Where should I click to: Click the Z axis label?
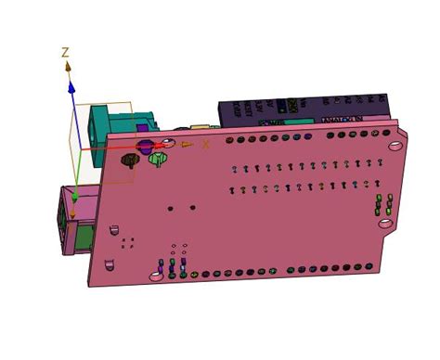tap(65, 53)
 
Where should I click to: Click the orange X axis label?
tap(206, 143)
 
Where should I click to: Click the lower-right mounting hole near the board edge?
tap(384, 223)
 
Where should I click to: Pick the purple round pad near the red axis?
tap(146, 146)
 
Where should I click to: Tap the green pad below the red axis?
tap(157, 160)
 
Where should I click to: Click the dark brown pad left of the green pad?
tap(131, 160)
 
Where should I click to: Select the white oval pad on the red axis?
tap(169, 143)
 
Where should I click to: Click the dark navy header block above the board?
tap(297, 109)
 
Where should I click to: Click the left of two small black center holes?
tap(170, 208)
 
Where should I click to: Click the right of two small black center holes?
tap(192, 208)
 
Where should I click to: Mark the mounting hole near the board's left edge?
tap(112, 228)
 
